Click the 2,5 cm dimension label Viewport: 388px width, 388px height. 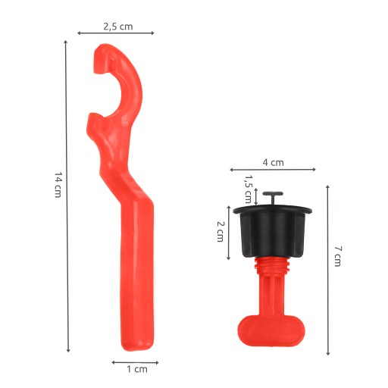[118, 27]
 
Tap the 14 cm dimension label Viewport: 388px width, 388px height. [58, 185]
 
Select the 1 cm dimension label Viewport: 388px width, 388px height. [137, 369]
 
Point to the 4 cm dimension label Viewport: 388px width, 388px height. [274, 162]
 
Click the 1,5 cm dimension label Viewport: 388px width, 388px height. [248, 189]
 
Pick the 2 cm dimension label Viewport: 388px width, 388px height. [221, 232]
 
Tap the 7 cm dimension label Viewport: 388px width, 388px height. [338, 256]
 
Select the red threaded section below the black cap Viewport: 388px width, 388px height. [272, 266]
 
